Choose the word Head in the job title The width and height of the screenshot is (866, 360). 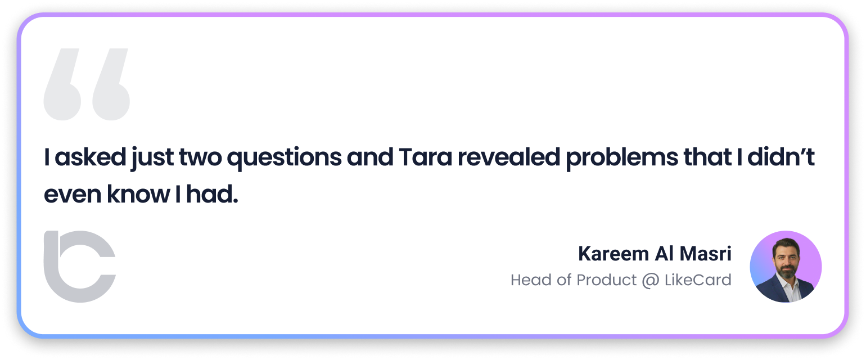pyautogui.click(x=529, y=280)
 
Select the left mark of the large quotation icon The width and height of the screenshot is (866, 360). pyautogui.click(x=62, y=84)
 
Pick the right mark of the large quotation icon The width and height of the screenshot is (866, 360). pyautogui.click(x=109, y=84)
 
